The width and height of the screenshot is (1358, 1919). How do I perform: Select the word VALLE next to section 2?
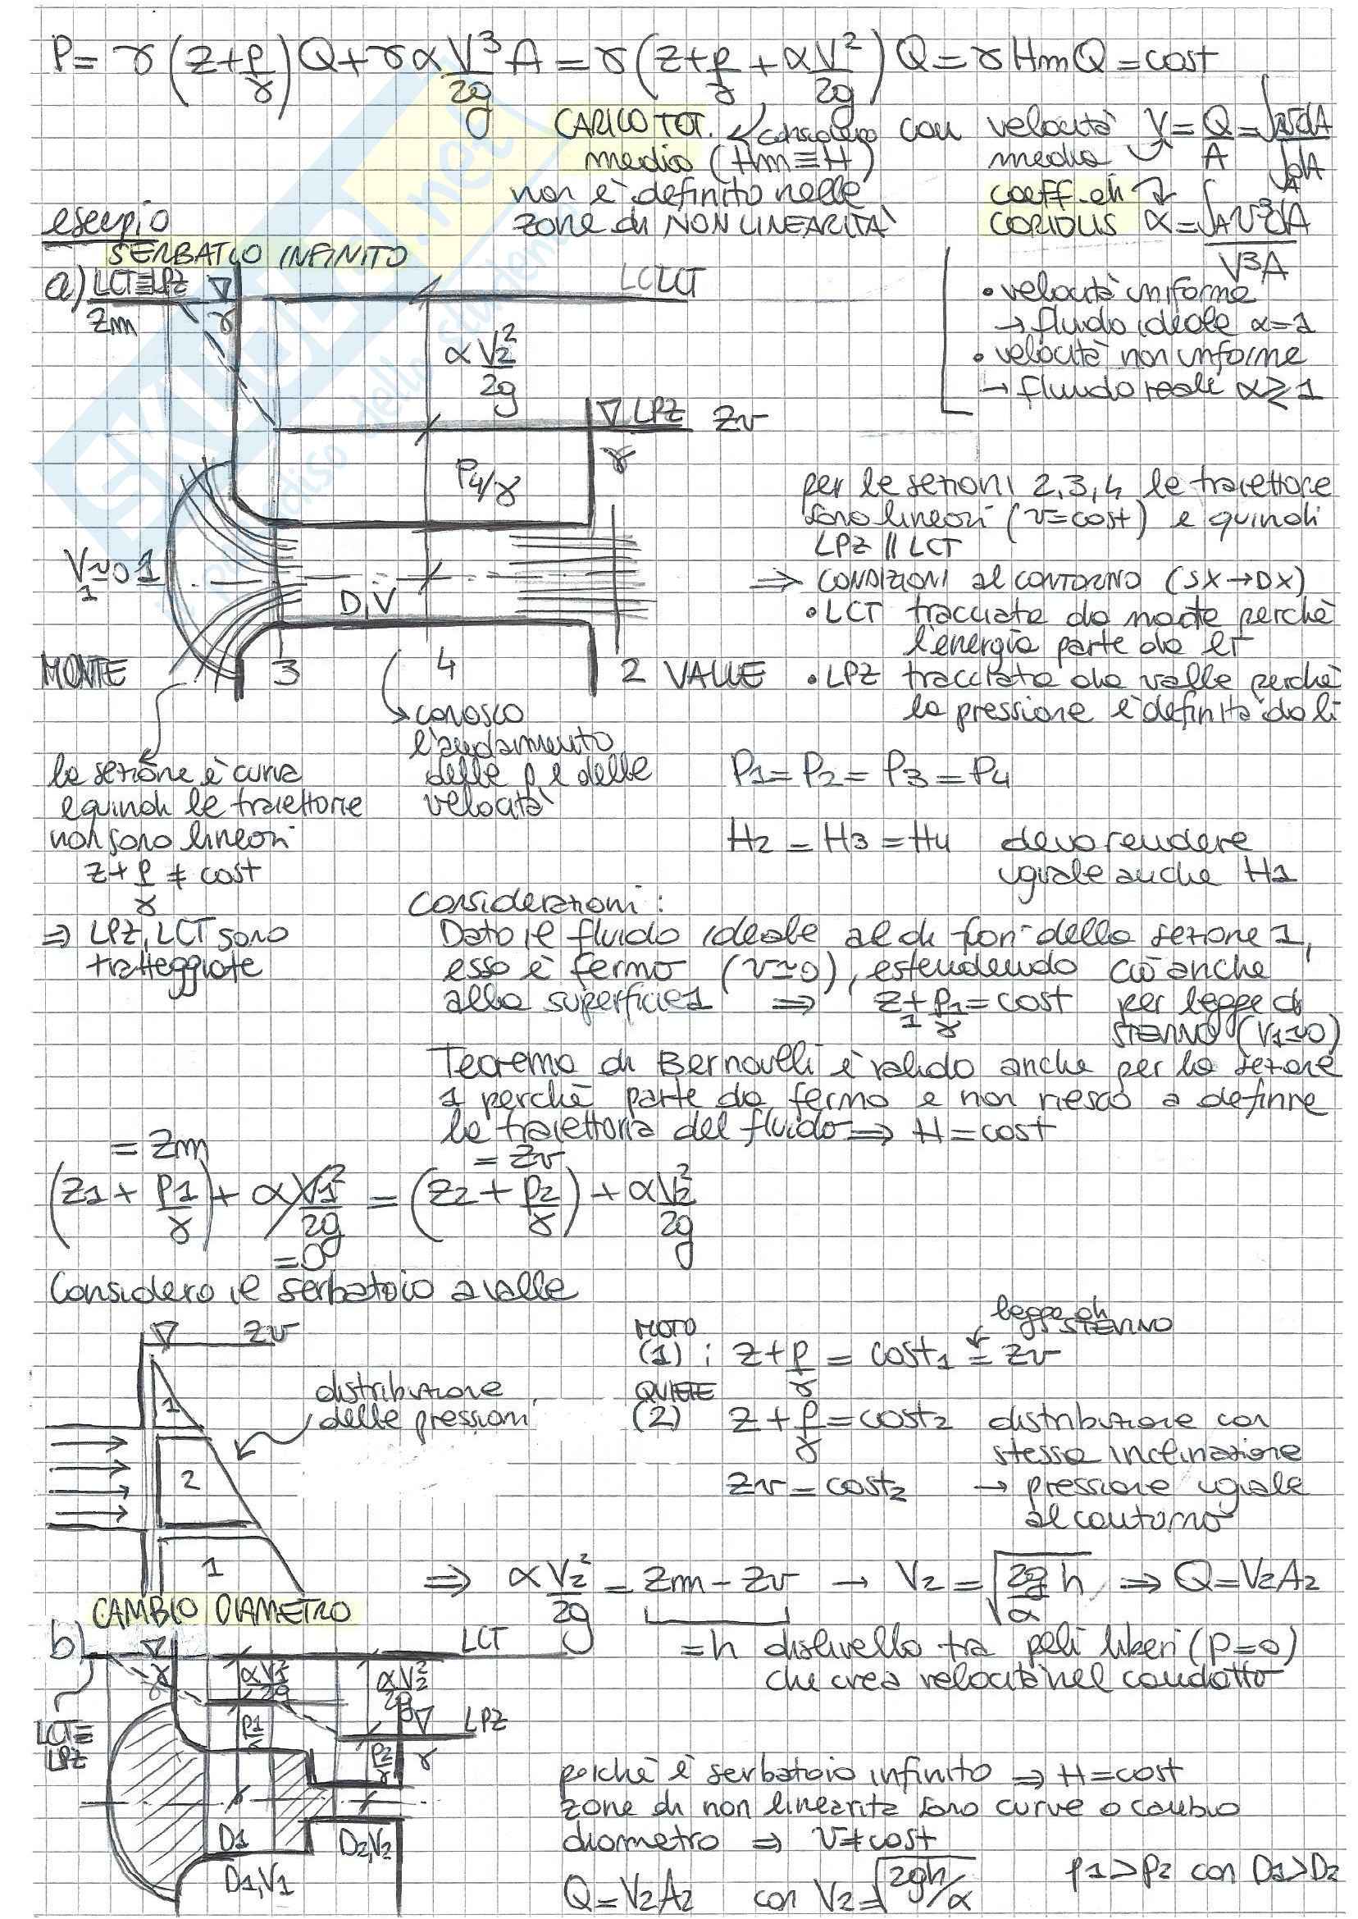tap(718, 674)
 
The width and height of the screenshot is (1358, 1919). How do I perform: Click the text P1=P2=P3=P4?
tap(868, 777)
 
